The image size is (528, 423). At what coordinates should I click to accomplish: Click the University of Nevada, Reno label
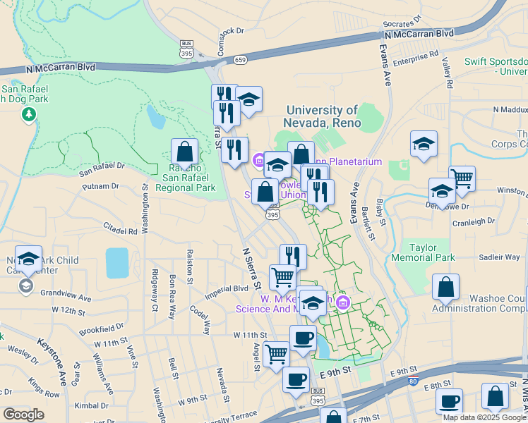click(323, 116)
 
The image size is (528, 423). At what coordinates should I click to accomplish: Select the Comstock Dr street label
click(230, 32)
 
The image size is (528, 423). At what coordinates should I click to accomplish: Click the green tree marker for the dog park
click(29, 114)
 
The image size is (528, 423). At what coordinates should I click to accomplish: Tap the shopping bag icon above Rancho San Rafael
click(184, 152)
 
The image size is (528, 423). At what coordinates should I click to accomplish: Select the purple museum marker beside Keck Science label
click(343, 303)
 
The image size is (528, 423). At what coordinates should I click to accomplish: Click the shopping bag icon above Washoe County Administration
click(445, 287)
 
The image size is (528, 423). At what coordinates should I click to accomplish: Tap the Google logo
click(23, 415)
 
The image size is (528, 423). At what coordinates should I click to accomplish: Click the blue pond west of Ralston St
click(116, 262)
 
